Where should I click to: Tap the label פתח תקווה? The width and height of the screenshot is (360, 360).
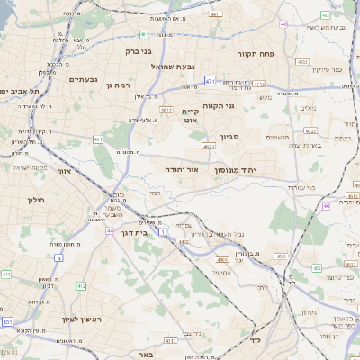[256, 54]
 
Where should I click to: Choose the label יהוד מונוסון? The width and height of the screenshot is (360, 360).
[237, 169]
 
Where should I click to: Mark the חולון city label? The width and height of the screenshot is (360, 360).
[36, 199]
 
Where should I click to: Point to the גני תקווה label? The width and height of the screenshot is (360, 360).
[218, 106]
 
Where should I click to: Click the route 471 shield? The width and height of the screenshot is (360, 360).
[210, 81]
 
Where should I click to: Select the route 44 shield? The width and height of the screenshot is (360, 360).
[109, 231]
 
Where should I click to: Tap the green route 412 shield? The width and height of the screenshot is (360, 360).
[81, 285]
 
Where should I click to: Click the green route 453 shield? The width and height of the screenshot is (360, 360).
[315, 269]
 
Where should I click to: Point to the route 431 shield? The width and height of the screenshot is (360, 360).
[7, 321]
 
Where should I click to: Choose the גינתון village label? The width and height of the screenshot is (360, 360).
[308, 312]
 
